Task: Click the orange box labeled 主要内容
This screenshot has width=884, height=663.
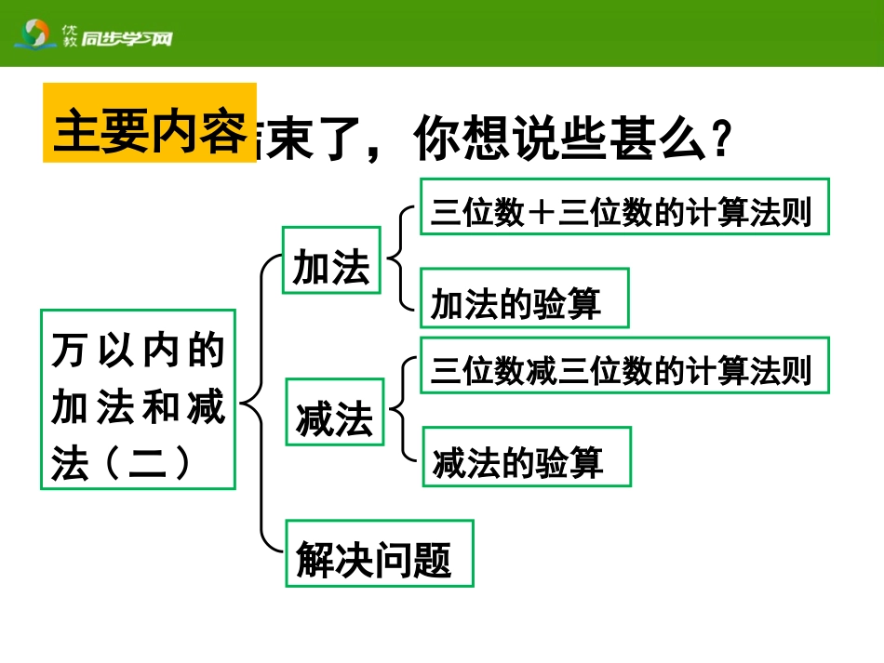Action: (x=149, y=123)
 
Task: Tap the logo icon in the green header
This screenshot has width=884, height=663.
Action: (x=36, y=36)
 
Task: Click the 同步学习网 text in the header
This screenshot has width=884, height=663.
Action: (x=127, y=39)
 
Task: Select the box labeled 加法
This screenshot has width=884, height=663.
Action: (x=331, y=262)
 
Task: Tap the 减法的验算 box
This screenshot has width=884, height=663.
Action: (x=527, y=457)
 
